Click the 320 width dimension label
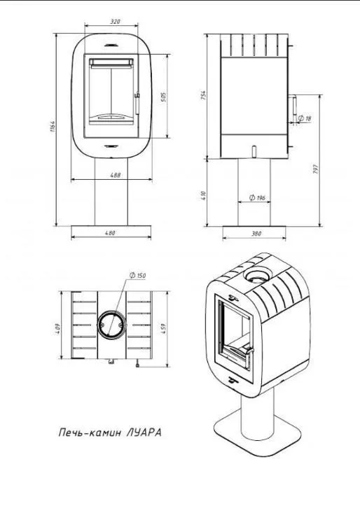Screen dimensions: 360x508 [115, 22]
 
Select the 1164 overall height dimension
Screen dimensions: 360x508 [53, 127]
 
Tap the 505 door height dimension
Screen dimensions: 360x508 [164, 97]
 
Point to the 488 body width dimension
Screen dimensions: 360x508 [115, 175]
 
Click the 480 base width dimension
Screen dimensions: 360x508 [110, 232]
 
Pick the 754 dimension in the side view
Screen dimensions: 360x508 [203, 95]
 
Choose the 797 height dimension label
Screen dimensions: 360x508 [316, 169]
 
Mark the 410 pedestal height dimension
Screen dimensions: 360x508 [203, 195]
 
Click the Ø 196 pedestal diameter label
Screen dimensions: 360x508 [257, 197]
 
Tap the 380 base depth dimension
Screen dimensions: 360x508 [256, 233]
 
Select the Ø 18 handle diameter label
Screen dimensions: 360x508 [305, 118]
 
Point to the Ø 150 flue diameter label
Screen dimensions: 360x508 [137, 276]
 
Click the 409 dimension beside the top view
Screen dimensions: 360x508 [57, 328]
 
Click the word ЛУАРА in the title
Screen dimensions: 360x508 [144, 432]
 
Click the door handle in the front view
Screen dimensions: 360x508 [137, 103]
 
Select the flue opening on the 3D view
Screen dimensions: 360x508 [256, 276]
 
